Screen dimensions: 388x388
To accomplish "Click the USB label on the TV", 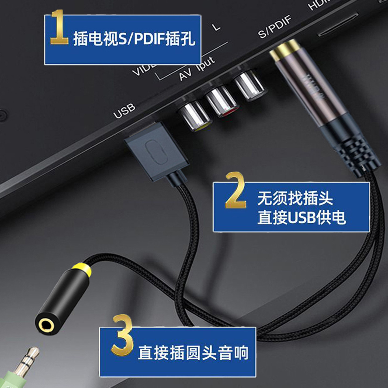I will click(x=124, y=111).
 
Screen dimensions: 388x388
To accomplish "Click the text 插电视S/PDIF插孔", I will click(x=134, y=39).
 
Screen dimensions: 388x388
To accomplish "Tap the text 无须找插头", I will click(x=295, y=199).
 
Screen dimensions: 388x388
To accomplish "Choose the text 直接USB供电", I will click(x=301, y=217).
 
